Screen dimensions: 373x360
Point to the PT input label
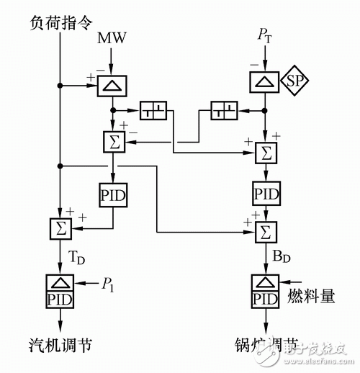(266, 36)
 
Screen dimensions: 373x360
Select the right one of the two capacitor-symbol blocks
(223, 112)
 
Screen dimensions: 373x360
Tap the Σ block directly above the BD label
(266, 232)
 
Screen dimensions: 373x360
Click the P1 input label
(108, 284)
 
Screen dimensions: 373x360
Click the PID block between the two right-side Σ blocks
(266, 193)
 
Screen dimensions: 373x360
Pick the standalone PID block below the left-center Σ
(112, 193)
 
